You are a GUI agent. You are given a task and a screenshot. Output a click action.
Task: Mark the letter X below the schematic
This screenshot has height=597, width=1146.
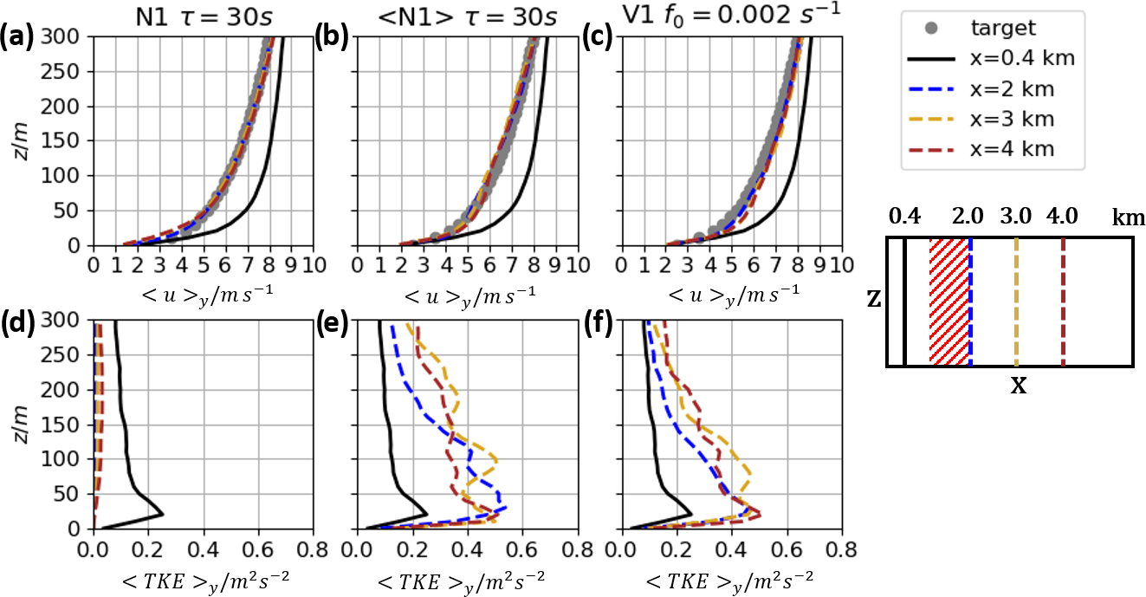click(x=1019, y=386)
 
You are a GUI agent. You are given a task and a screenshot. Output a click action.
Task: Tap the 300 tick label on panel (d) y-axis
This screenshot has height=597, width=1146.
click(x=71, y=321)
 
